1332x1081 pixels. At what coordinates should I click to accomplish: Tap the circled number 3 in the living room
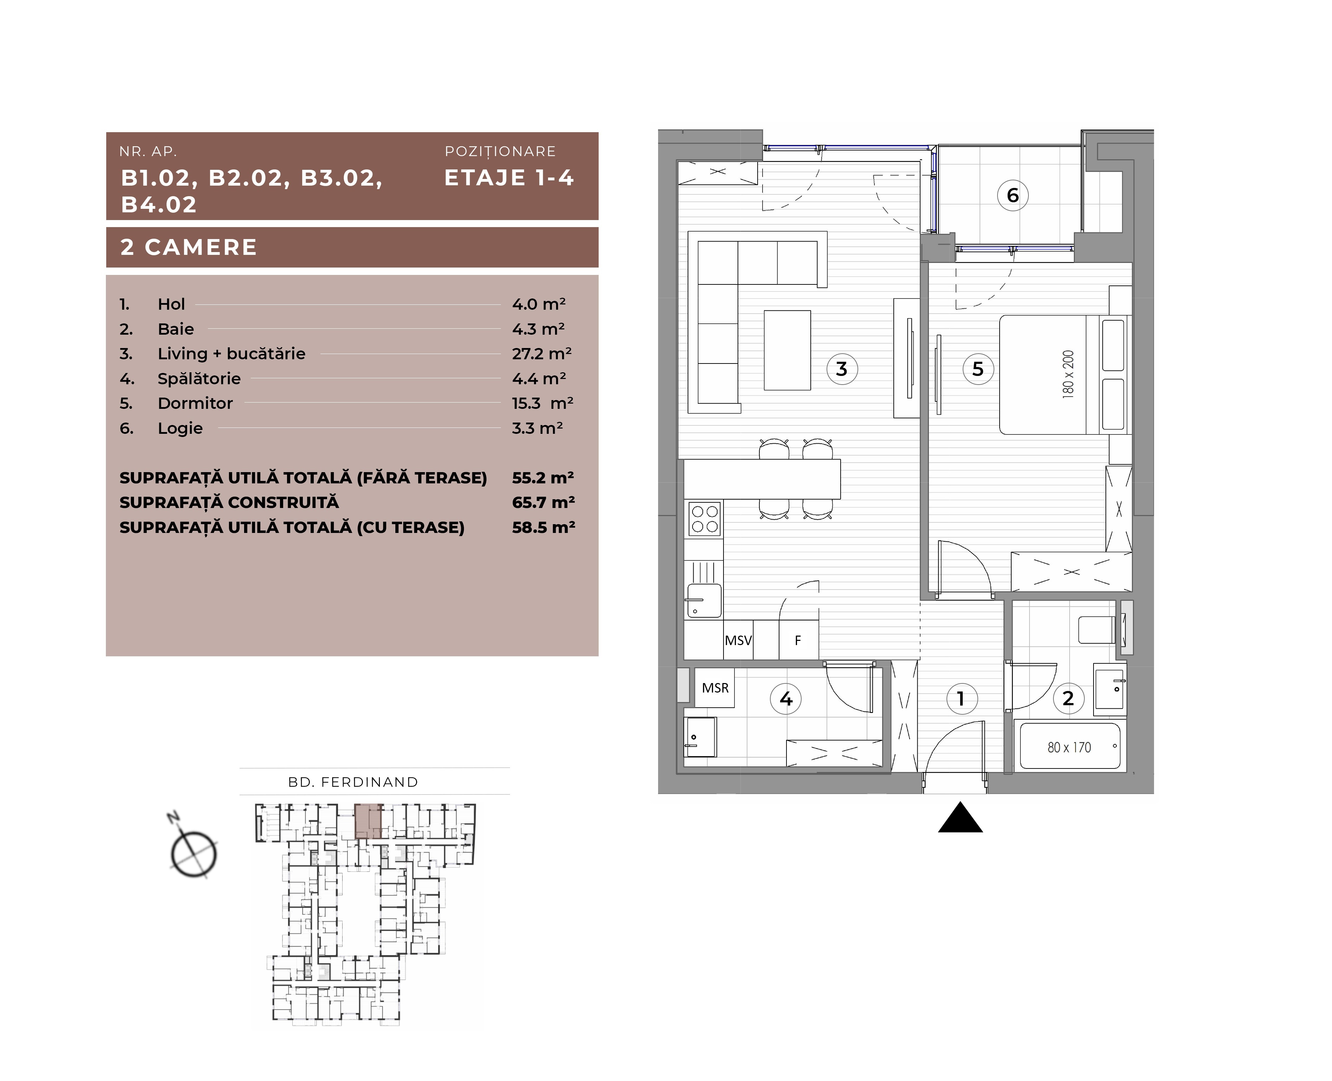click(842, 369)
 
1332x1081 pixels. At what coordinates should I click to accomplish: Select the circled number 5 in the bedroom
click(978, 369)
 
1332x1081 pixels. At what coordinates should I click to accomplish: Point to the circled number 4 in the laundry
click(786, 699)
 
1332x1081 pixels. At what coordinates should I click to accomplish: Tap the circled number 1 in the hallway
click(961, 699)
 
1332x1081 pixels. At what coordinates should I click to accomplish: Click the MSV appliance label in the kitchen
click(738, 640)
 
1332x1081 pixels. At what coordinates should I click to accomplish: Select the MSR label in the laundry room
click(715, 688)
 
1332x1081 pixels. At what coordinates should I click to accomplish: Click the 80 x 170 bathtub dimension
click(1069, 747)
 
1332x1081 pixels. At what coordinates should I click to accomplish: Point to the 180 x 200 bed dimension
click(1068, 374)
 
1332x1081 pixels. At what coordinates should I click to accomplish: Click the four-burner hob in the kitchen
click(705, 519)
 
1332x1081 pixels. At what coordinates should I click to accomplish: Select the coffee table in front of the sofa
click(788, 350)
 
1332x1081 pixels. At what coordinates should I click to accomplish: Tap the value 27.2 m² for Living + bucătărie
click(541, 354)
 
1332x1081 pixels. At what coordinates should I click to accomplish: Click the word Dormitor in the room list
click(195, 404)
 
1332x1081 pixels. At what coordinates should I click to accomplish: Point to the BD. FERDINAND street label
click(353, 782)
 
